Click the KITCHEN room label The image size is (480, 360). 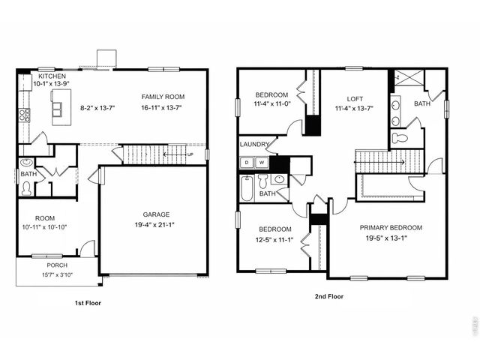point(52,76)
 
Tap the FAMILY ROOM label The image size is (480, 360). point(163,97)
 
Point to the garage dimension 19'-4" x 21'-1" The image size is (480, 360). point(154,223)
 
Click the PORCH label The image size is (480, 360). point(57,265)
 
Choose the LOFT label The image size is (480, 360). point(355,98)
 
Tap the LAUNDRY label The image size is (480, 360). point(254,145)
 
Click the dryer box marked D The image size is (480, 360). point(247,162)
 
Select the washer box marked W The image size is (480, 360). point(262,162)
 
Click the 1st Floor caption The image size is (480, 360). point(88,304)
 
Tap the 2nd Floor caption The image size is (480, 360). point(328,297)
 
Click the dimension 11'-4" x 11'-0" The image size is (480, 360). point(271,105)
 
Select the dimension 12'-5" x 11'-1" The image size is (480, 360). point(274,240)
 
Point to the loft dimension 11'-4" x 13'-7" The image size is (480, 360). point(355,109)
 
